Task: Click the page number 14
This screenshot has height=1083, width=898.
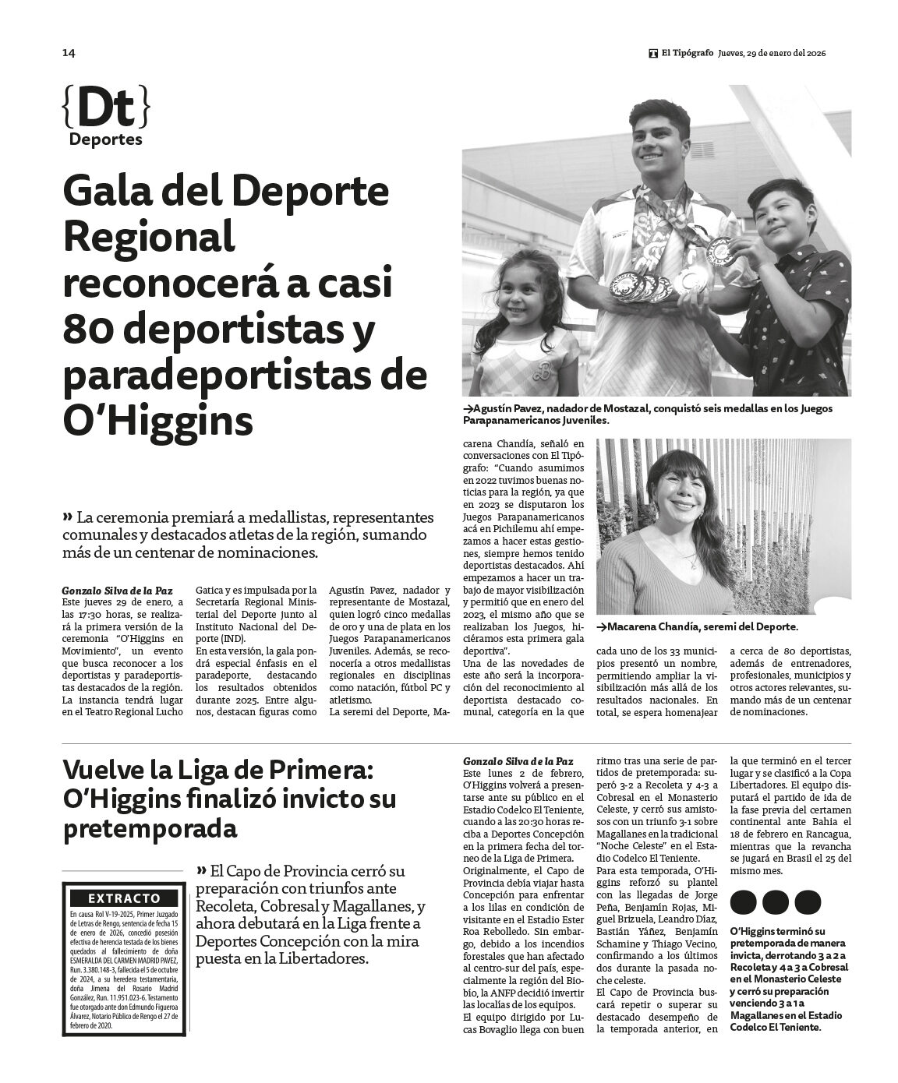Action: [x=68, y=53]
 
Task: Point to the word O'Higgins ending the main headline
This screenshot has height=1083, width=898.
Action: [x=158, y=421]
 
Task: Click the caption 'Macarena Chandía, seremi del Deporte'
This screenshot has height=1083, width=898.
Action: [x=698, y=626]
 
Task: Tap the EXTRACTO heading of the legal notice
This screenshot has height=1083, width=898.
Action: [x=125, y=898]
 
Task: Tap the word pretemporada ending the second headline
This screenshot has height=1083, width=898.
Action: [x=149, y=829]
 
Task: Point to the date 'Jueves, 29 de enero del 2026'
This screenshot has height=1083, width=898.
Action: [x=772, y=53]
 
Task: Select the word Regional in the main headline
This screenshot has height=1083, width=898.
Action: [x=149, y=238]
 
